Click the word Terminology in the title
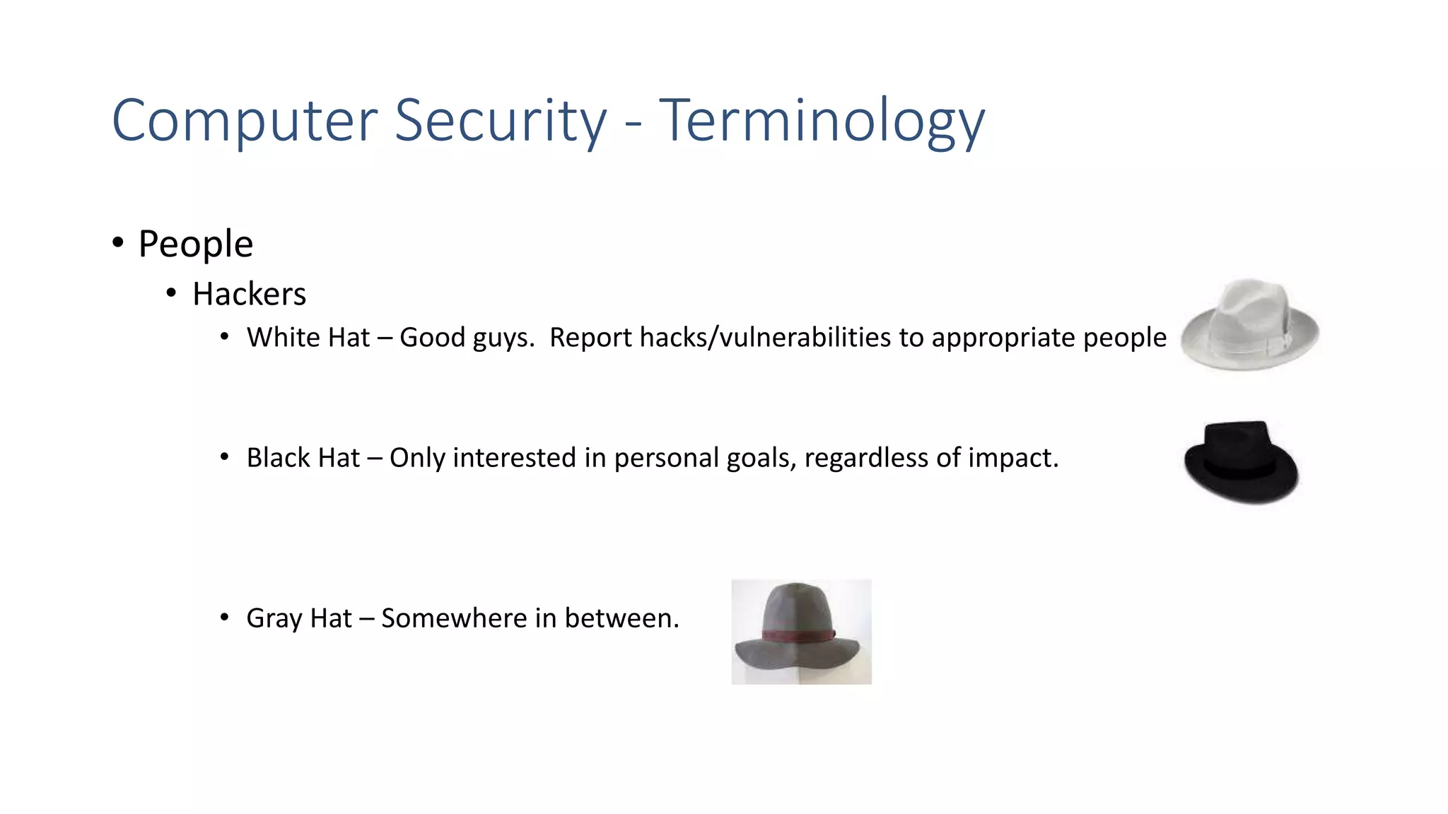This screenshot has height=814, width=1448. tap(822, 122)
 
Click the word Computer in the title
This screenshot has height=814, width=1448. tap(245, 122)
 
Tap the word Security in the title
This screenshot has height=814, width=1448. tap(500, 122)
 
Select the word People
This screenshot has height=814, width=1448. tap(196, 244)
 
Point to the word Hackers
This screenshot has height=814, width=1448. tap(249, 294)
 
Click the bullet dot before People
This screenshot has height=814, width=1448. tap(118, 243)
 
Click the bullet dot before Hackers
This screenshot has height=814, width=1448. tap(171, 293)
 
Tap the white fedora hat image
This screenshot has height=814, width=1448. tap(1249, 325)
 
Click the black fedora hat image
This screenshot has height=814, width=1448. tap(1241, 462)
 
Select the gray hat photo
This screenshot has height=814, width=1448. tap(801, 631)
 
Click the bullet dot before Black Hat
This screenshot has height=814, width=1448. tap(224, 457)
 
